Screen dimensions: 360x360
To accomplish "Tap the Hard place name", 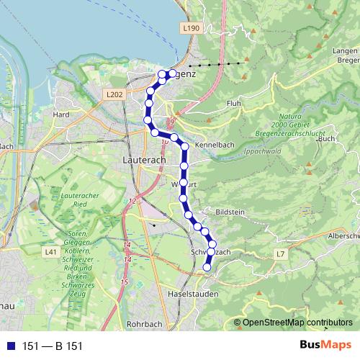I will coord(61,114).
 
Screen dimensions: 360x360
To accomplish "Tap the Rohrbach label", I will coord(145,324).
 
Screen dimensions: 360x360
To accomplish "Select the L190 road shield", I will coord(190,27).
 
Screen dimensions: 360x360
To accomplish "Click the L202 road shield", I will coord(114,94).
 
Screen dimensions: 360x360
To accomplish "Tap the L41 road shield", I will coord(50,252).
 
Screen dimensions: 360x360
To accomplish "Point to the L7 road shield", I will coord(280,254).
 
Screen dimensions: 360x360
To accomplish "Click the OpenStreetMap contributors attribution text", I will coord(297,323).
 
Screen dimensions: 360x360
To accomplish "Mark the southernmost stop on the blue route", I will coord(207,267).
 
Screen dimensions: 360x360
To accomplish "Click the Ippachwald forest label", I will coord(262,151).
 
